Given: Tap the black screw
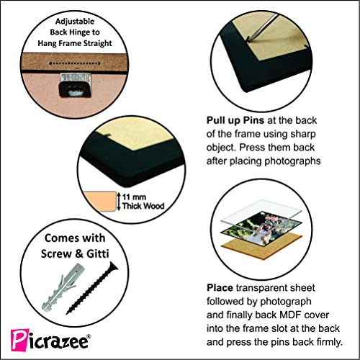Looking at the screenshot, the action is pos(92,288).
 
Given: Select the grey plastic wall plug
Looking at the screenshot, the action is pos(62,287).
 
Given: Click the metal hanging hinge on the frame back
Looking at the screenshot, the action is pos(75,85).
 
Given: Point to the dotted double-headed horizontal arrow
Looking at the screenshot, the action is pos(75,63).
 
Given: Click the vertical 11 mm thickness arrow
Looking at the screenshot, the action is pos(119,202).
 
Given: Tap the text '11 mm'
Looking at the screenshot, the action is pos(134,197).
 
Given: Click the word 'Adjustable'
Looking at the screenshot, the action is pos(75,22).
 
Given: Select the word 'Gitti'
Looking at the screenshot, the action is pos(97,253).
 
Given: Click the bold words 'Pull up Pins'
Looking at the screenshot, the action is pos(235,120).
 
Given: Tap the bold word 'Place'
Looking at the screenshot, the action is pos(220,287).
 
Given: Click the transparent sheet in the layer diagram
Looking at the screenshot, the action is pos(261,212).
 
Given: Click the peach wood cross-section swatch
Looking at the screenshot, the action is pos(99,202).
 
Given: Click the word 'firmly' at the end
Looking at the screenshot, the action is pos(329,342).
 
